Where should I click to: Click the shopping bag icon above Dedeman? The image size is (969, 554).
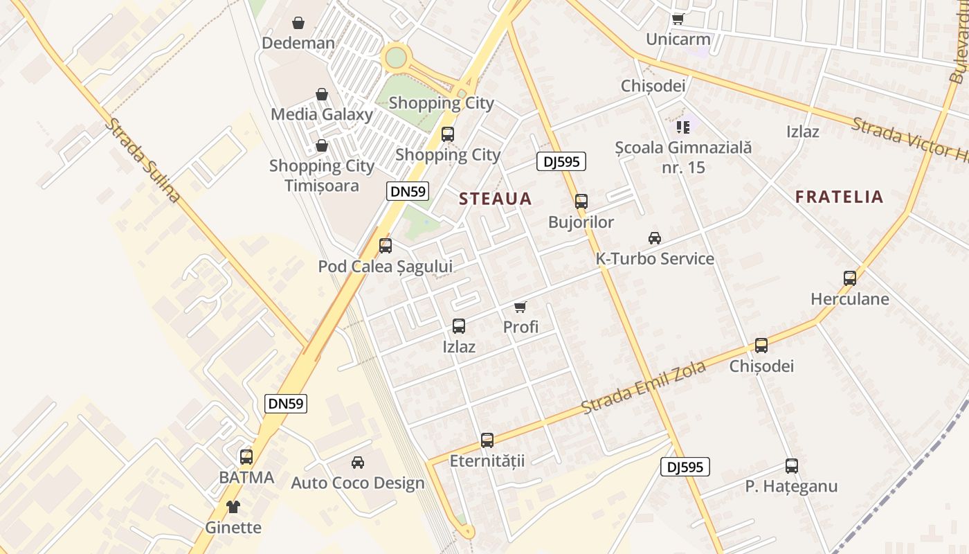[298, 23]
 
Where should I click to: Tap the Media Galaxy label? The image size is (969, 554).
[322, 114]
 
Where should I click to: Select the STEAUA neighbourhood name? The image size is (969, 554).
[496, 199]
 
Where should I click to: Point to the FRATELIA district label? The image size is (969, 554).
[839, 197]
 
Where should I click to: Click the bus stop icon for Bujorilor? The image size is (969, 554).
[581, 202]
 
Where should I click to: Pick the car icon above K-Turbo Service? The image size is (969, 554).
[654, 238]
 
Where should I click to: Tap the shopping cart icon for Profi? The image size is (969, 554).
[520, 307]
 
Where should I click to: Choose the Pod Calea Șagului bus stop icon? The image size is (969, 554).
[386, 245]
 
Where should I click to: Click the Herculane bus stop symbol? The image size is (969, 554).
[850, 278]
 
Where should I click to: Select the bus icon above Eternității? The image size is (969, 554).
[487, 440]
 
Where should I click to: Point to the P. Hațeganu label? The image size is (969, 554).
[791, 486]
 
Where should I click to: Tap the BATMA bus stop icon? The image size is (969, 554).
[246, 457]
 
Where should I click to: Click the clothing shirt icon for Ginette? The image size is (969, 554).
[233, 507]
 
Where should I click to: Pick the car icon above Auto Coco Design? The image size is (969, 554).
[358, 462]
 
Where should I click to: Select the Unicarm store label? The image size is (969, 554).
[678, 39]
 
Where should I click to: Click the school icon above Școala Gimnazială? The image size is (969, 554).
[683, 127]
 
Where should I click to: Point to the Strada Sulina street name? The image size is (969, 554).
[143, 160]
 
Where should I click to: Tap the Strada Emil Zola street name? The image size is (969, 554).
[644, 388]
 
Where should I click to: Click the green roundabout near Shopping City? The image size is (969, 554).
[395, 57]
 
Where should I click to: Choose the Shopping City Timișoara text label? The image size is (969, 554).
[322, 176]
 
